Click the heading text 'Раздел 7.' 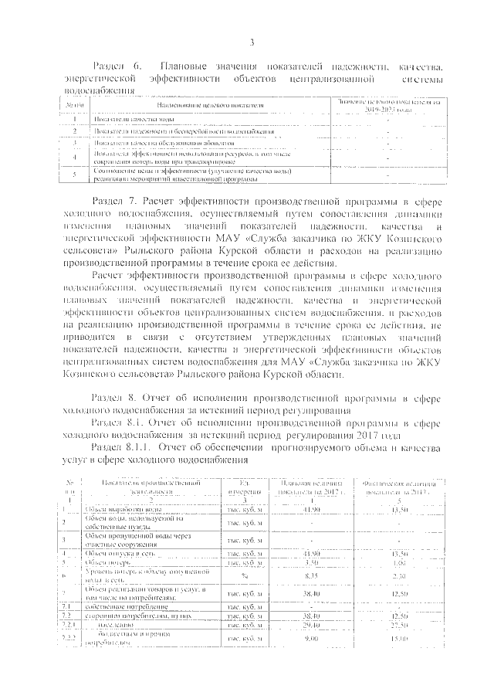[x=115, y=201]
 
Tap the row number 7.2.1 [x=68, y=624]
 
